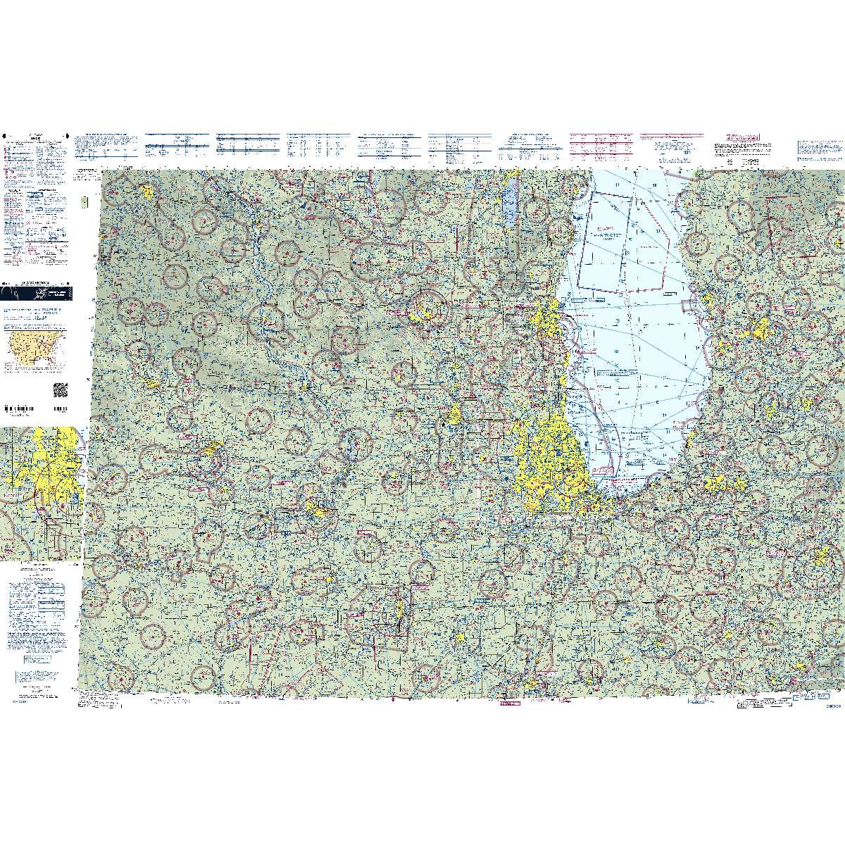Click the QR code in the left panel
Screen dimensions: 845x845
click(x=60, y=389)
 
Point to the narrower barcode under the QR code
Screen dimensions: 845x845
click(x=60, y=408)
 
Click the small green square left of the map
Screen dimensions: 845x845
click(x=84, y=201)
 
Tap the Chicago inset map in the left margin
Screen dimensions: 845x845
click(x=40, y=493)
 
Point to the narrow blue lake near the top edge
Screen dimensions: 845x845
click(x=510, y=204)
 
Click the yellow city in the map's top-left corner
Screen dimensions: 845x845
click(x=147, y=192)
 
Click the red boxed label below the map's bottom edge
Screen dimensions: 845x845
click(x=508, y=703)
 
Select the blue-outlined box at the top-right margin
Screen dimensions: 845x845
click(x=818, y=148)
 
